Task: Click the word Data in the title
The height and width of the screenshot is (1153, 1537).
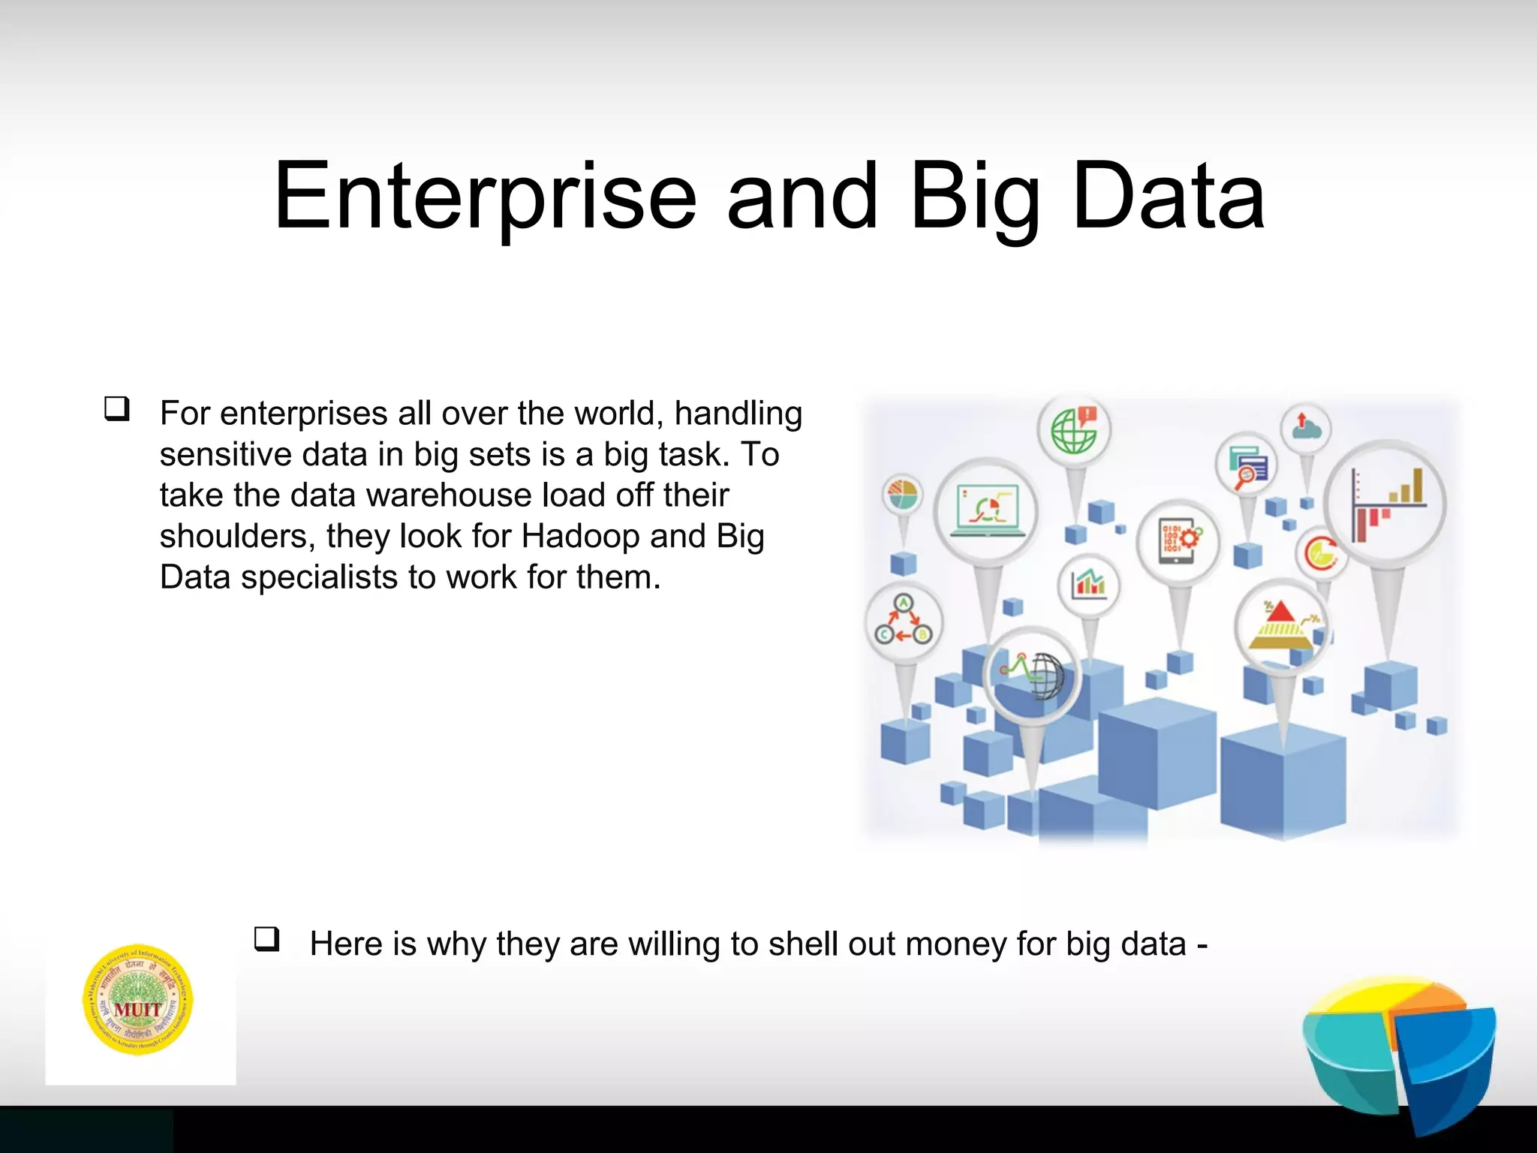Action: (1169, 197)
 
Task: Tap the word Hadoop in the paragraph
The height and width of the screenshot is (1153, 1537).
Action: (580, 536)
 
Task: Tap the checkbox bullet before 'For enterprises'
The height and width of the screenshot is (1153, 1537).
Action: (117, 409)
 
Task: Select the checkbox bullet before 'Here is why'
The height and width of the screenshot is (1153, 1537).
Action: (267, 939)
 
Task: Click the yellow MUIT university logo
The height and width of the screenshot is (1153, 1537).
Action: (138, 1000)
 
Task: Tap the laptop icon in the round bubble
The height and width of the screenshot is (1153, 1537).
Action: (987, 510)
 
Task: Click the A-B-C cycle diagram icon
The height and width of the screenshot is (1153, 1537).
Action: (904, 622)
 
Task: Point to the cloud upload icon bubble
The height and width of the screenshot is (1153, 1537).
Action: (1306, 429)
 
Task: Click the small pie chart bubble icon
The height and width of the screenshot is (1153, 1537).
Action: (903, 495)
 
